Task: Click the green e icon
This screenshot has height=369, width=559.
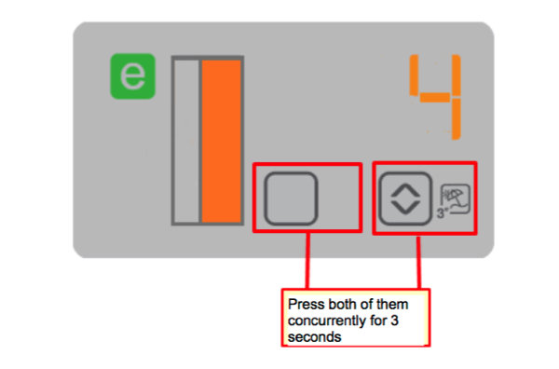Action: click(132, 77)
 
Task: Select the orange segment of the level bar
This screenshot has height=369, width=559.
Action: click(222, 141)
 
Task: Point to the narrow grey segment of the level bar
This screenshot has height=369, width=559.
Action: click(186, 141)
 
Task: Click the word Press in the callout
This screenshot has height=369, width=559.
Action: click(304, 304)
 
